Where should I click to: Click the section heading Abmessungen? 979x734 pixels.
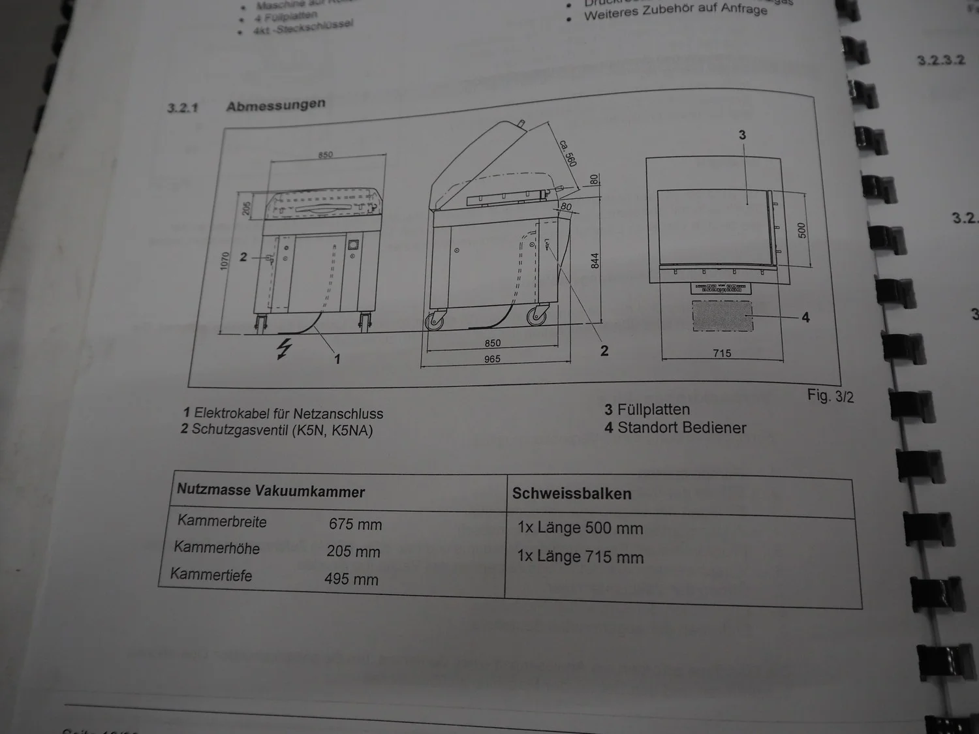(275, 105)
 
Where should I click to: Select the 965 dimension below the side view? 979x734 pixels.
(492, 359)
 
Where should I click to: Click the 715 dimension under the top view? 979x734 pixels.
(722, 353)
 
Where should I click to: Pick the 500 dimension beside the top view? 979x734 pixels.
(802, 230)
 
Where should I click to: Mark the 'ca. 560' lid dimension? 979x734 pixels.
(568, 152)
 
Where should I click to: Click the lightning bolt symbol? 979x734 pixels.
(283, 349)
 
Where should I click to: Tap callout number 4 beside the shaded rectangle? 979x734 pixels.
(805, 317)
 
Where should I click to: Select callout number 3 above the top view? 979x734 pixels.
(742, 135)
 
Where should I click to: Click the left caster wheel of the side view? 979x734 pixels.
(434, 321)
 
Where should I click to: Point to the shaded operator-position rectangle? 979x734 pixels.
(722, 316)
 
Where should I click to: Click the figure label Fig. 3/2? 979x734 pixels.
(830, 395)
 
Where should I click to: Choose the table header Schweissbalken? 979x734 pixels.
(572, 494)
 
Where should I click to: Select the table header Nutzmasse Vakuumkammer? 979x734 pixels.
(271, 491)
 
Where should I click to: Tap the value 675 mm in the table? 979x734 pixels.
(355, 524)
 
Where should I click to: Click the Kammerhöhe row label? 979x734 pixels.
(217, 548)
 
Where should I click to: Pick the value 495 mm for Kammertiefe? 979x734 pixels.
(351, 579)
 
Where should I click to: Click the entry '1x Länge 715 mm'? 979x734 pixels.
(580, 557)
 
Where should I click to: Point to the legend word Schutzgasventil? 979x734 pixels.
(240, 430)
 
